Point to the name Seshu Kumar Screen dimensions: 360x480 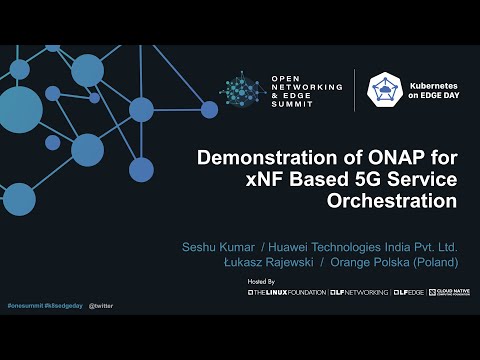click(x=217, y=246)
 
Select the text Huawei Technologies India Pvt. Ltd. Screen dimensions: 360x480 click(x=364, y=246)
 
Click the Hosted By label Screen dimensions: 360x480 click(x=261, y=283)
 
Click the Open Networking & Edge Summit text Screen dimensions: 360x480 click(x=306, y=92)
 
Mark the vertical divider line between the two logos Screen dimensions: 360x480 click(x=355, y=92)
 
